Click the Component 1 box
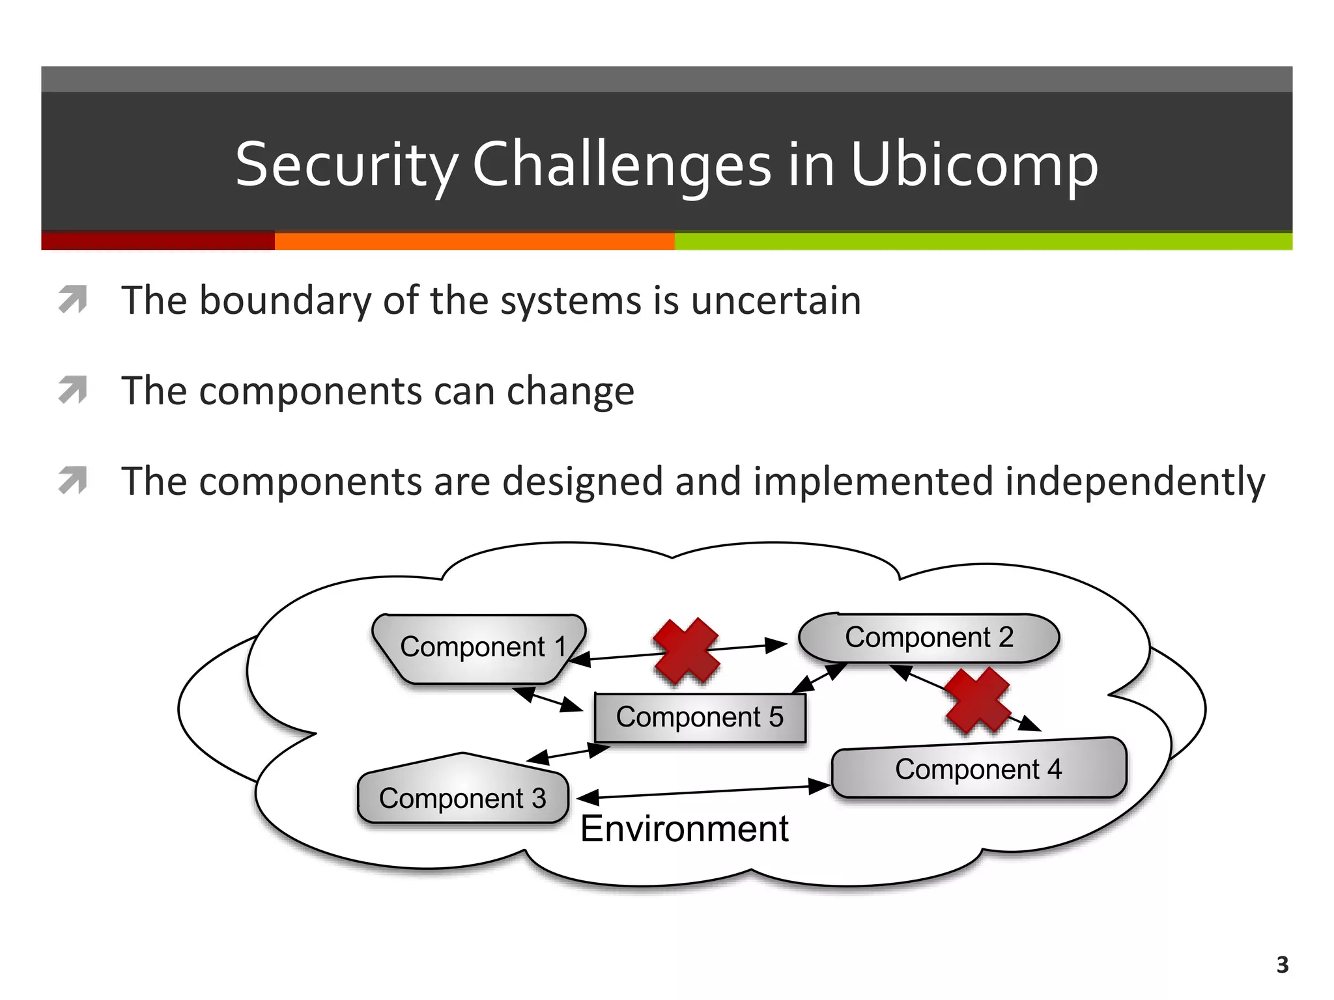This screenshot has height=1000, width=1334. [x=479, y=648]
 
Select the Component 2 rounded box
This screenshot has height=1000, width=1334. [x=928, y=638]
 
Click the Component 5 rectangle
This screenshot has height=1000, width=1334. [x=700, y=717]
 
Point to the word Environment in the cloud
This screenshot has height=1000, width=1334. [x=684, y=829]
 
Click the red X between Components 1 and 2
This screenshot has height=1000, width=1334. [x=687, y=651]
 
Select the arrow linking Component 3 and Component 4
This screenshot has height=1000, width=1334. [x=703, y=792]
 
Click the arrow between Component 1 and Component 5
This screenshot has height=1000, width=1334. [x=548, y=700]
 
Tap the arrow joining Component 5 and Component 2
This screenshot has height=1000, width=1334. [x=819, y=678]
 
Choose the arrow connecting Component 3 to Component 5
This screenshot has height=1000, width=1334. [x=568, y=754]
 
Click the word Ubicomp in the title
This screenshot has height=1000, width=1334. [x=974, y=165]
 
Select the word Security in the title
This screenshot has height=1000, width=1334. [x=346, y=165]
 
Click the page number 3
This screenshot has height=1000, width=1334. [x=1282, y=964]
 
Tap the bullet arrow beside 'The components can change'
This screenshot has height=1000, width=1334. [x=72, y=390]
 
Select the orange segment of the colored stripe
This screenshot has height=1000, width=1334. [x=474, y=242]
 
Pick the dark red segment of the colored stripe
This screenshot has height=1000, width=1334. [x=158, y=242]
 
